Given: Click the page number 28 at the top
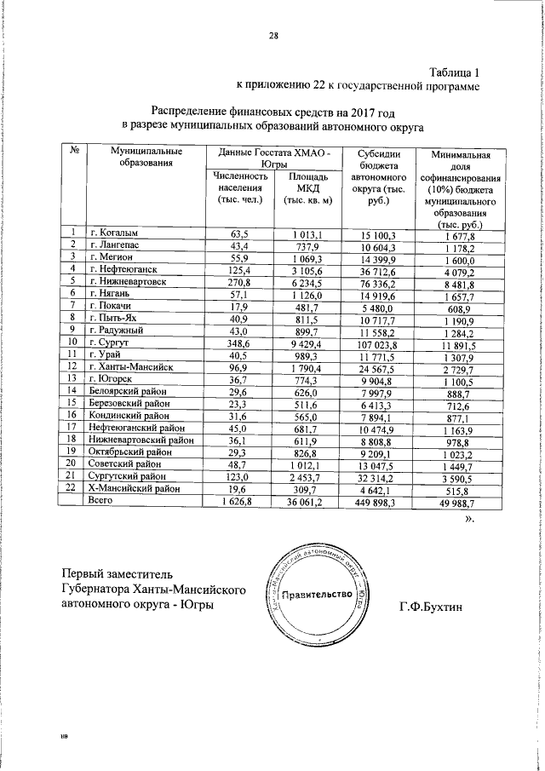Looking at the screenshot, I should click(x=273, y=36).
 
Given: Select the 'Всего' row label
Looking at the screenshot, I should click(x=100, y=503).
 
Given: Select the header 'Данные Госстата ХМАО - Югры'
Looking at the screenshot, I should click(x=273, y=156).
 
